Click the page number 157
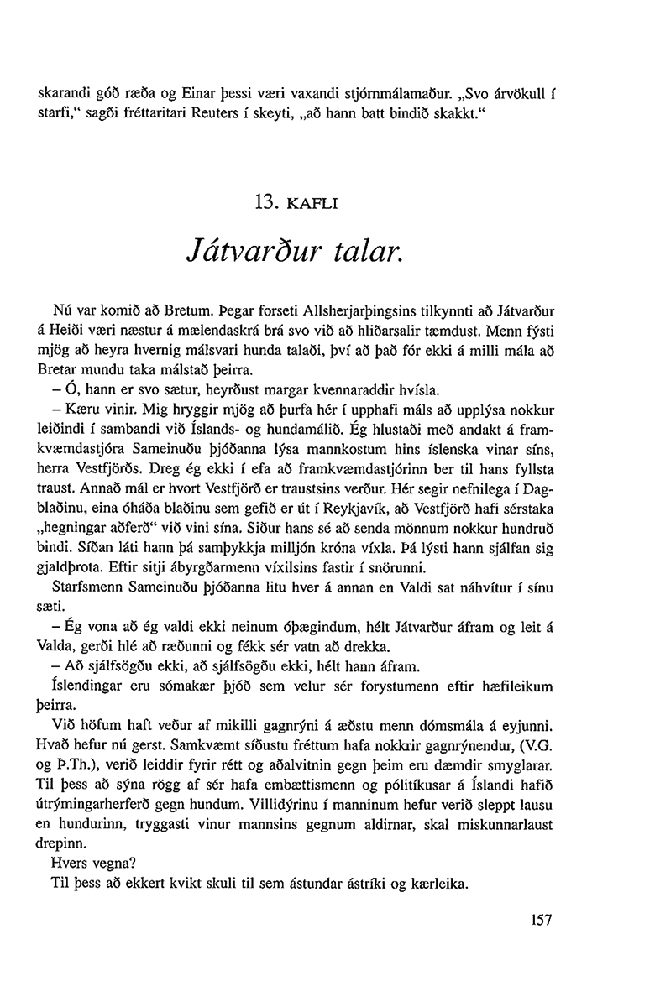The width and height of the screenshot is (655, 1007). [541, 920]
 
